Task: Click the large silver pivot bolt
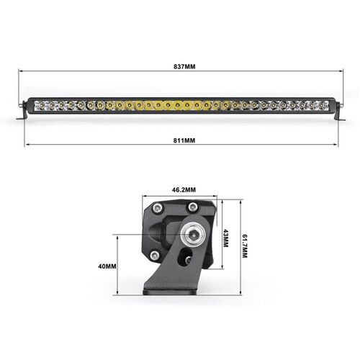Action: [193, 233]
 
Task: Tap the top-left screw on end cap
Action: [156, 209]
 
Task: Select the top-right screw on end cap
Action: [192, 209]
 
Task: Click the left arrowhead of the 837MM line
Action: [20, 71]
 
